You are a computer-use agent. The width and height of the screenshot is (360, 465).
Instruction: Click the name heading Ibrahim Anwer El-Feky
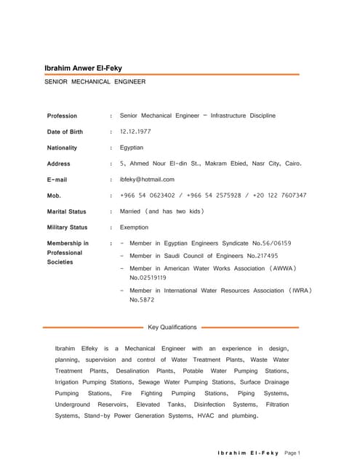pyautogui.click(x=84, y=68)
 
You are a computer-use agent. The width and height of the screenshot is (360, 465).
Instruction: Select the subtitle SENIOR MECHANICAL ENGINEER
pyautogui.click(x=95, y=82)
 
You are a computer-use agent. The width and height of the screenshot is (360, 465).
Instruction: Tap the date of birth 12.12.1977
pyautogui.click(x=137, y=132)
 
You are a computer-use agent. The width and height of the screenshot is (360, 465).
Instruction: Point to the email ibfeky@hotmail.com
pyautogui.click(x=147, y=179)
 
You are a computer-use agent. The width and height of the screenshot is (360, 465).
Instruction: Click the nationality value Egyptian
pyautogui.click(x=132, y=147)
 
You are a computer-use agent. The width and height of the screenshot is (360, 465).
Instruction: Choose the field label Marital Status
pyautogui.click(x=66, y=211)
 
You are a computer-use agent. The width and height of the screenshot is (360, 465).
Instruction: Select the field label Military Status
pyautogui.click(x=67, y=227)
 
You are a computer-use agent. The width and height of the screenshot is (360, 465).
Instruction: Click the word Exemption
pyautogui.click(x=135, y=227)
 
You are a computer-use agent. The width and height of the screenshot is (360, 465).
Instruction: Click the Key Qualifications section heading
pyautogui.click(x=172, y=328)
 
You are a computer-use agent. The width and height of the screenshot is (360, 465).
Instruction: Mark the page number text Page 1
pyautogui.click(x=292, y=453)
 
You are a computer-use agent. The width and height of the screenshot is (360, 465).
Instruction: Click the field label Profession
pyautogui.click(x=62, y=116)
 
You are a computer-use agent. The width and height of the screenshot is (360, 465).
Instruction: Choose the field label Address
pyautogui.click(x=59, y=163)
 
